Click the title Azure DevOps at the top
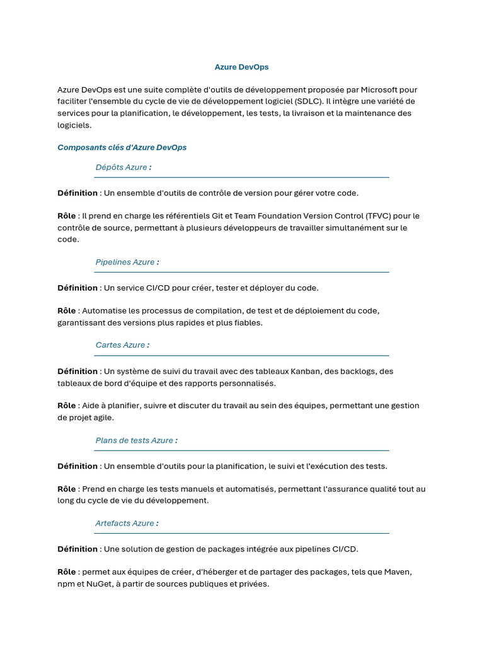click(241, 66)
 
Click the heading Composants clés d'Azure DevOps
click(122, 148)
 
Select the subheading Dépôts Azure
click(124, 167)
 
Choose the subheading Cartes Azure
click(122, 345)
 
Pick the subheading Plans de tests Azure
click(136, 440)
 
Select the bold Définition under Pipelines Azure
click(78, 288)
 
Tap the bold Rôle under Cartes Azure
click(67, 406)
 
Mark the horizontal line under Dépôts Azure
click(241, 178)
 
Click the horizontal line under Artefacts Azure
click(241, 534)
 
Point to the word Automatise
click(104, 310)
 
